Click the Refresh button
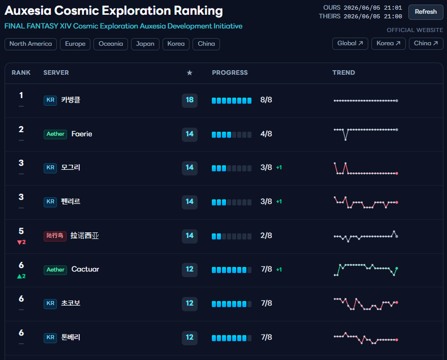pyautogui.click(x=426, y=12)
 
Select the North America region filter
pyautogui.click(x=31, y=44)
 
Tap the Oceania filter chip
pyautogui.click(x=111, y=44)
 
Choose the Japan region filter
pyautogui.click(x=145, y=44)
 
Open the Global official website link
pyautogui.click(x=350, y=43)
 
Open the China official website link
pyautogui.click(x=426, y=43)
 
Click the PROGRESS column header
pyautogui.click(x=230, y=73)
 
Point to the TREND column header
pyautogui.click(x=343, y=73)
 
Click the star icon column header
pyautogui.click(x=189, y=73)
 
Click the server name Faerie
pyautogui.click(x=82, y=134)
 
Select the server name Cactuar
pyautogui.click(x=85, y=269)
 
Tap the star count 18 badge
pyautogui.click(x=189, y=100)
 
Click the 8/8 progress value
pyautogui.click(x=266, y=100)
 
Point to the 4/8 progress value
pyautogui.click(x=266, y=134)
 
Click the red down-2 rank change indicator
pyautogui.click(x=21, y=242)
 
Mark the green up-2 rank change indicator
pyautogui.click(x=21, y=276)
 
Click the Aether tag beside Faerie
pyautogui.click(x=55, y=134)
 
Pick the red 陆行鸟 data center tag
pyautogui.click(x=55, y=235)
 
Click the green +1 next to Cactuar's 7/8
pyautogui.click(x=279, y=269)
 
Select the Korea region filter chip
pyautogui.click(x=176, y=44)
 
